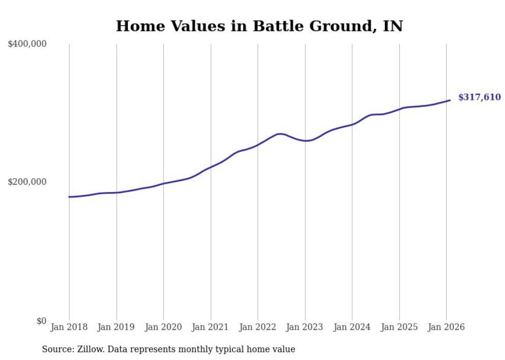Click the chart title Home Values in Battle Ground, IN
259,26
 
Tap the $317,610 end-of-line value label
479,97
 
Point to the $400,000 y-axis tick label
27,44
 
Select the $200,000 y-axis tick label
27,182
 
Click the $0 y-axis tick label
41,321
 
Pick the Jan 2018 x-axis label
69,327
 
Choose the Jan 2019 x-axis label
116,327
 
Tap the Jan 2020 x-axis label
163,327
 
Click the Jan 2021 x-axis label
210,327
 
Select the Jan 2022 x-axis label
258,327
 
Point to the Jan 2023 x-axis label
305,327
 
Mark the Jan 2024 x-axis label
352,327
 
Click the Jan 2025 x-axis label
399,327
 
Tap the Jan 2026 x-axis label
446,327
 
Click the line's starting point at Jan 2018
69,197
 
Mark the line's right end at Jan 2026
450,100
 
